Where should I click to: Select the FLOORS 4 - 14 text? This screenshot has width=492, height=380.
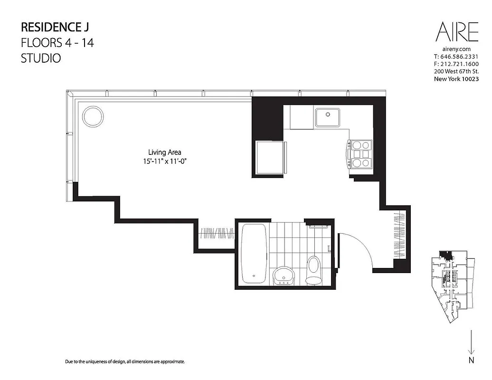(57, 43)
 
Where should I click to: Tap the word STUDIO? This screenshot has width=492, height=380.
(41, 59)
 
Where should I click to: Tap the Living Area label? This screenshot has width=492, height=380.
(164, 152)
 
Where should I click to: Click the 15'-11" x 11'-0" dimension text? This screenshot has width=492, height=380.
(164, 161)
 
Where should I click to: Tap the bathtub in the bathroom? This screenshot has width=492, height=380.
(254, 254)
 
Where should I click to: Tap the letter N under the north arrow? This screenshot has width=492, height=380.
(471, 361)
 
